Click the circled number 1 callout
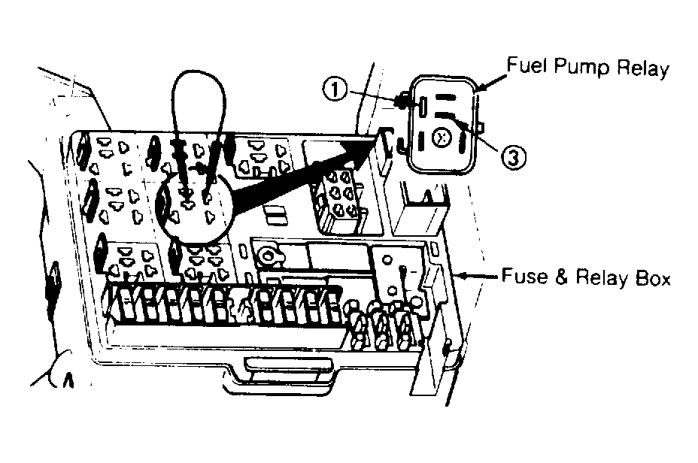click(x=334, y=89)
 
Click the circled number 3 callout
click(x=513, y=156)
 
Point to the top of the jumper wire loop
click(x=199, y=71)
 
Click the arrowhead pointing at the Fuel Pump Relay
click(x=481, y=86)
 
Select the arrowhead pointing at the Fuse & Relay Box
click(x=460, y=276)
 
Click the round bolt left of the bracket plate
click(x=268, y=256)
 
